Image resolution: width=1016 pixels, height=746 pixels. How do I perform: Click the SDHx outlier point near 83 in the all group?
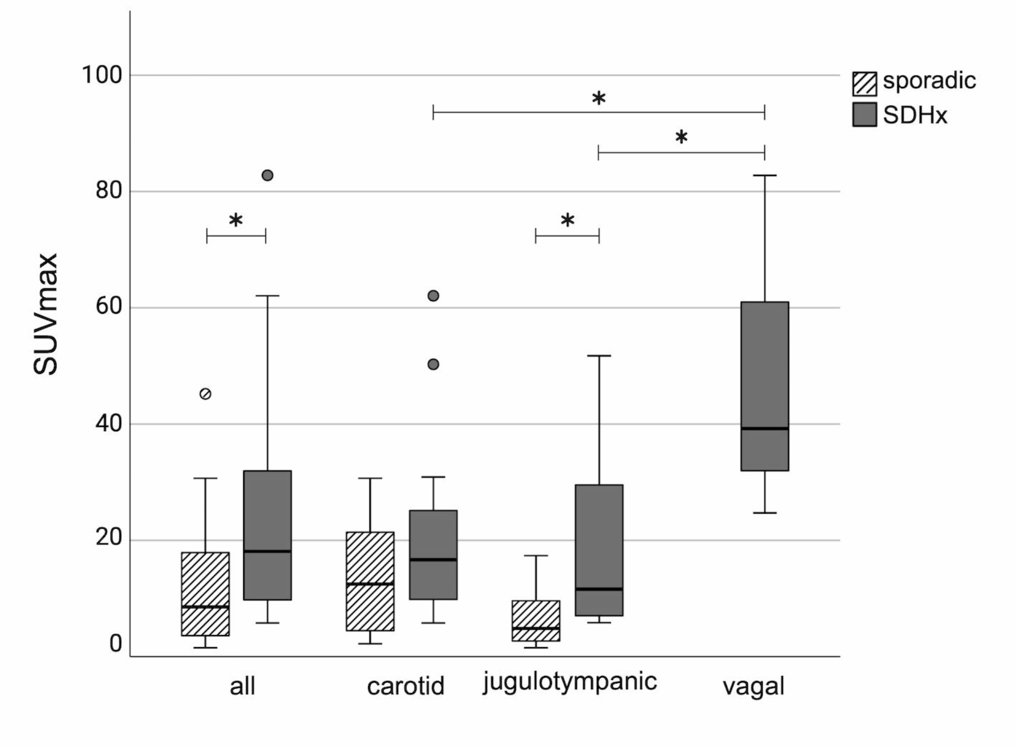pos(267,175)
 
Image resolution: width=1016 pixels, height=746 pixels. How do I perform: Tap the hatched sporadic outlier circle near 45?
pos(206,394)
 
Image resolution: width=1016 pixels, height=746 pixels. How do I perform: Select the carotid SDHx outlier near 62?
pos(433,296)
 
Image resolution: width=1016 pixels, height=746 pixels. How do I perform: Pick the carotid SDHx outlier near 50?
pos(433,365)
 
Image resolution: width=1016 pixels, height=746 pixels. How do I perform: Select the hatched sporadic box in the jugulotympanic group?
pos(536,621)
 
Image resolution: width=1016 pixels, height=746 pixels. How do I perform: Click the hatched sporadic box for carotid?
pos(370,581)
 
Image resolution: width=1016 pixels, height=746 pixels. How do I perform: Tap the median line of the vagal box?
pos(764,428)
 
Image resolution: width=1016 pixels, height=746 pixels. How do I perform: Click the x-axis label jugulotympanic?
pos(570,682)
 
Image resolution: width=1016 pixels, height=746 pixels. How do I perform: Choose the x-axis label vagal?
pos(754,687)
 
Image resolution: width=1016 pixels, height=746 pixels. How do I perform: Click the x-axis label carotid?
pos(406,687)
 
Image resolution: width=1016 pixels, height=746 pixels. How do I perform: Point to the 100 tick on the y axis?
pos(102,76)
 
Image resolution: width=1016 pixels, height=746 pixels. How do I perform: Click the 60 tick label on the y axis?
pos(109,307)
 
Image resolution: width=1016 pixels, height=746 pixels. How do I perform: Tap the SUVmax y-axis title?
pos(45,314)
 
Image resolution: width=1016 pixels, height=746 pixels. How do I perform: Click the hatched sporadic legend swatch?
pos(864,83)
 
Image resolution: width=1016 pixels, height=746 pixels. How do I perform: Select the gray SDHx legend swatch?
pos(864,115)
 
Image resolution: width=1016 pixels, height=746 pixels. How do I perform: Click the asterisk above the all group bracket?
pos(236,220)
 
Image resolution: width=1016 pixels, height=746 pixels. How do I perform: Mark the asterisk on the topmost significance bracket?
pos(598,99)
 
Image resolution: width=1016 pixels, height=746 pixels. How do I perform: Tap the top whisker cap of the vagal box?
pos(764,175)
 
